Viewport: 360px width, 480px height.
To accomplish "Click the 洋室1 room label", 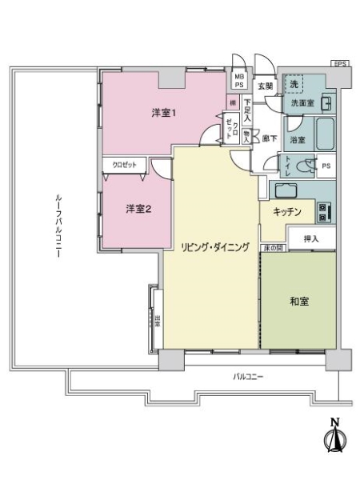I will pos(164,113).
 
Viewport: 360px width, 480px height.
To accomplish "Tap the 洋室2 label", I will pos(138,210).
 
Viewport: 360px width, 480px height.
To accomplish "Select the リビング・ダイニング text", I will pos(214,246).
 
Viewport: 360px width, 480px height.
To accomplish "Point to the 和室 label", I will pos(299,302).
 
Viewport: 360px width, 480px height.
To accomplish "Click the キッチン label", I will pos(286,212).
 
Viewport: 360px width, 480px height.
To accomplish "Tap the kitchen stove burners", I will pos(324,212).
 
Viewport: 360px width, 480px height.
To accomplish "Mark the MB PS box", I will pos(238,78).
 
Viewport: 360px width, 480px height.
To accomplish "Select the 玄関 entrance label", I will pos(265,86).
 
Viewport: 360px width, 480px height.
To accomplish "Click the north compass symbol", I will pos(334,437).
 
